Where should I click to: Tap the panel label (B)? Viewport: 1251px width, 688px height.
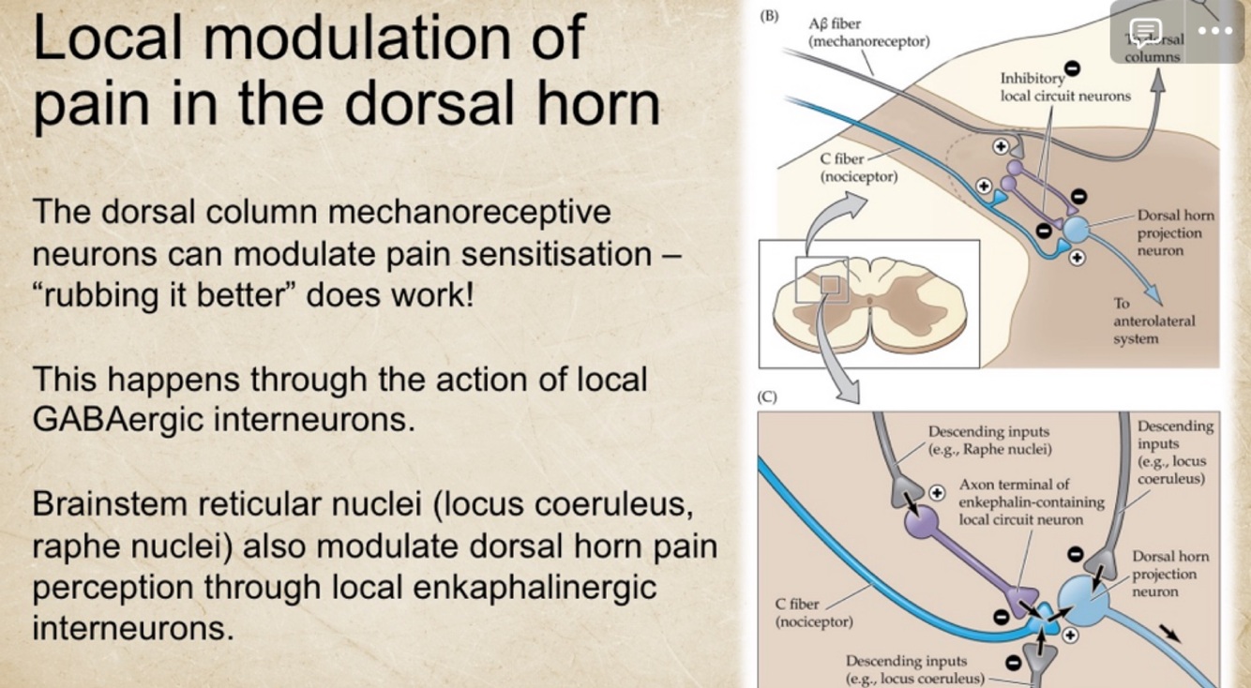769,16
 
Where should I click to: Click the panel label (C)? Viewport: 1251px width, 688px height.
768,396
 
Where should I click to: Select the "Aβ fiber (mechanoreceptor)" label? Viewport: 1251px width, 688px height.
868,33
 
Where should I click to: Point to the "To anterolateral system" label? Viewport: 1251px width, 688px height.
1153,321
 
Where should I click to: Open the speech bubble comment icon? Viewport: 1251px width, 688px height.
1145,32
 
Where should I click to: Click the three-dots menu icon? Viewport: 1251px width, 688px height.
1215,31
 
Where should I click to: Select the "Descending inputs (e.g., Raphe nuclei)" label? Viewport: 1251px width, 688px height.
988,440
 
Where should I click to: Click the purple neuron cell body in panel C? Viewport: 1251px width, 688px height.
921,521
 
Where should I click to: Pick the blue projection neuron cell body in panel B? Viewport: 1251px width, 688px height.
1076,230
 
